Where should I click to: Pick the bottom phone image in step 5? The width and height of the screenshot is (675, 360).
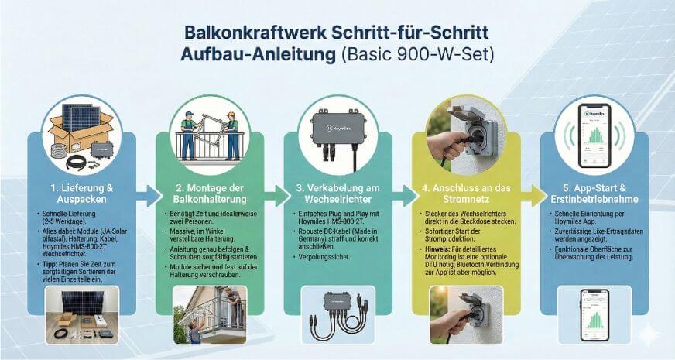pos(594,316)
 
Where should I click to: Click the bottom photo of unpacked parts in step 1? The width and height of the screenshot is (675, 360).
pos(81,316)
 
